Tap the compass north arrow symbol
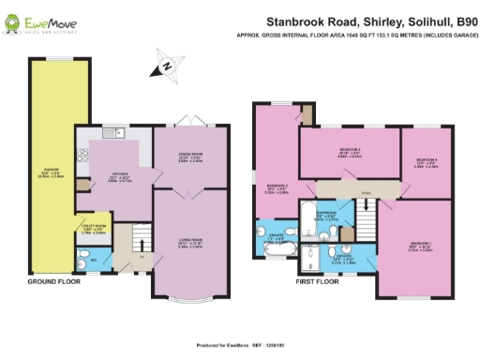coord(163,67)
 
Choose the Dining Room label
coord(190,157)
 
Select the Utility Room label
coord(87,227)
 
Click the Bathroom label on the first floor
coord(326,215)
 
